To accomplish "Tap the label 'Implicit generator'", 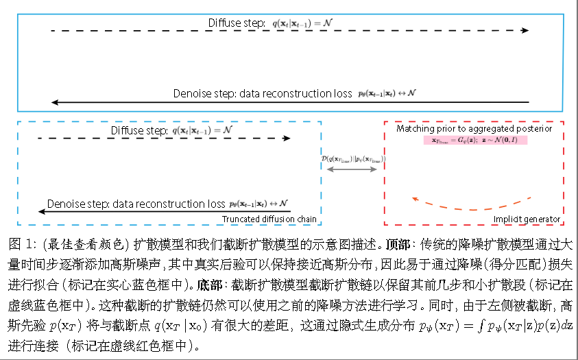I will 527,219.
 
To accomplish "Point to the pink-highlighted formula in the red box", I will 474,140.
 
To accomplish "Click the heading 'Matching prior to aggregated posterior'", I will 474,128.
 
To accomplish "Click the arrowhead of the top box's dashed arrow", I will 525,30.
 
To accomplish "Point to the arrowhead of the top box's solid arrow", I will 55,102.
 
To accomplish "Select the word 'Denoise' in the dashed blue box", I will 64,204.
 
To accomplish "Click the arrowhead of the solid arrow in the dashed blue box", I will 41,212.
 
